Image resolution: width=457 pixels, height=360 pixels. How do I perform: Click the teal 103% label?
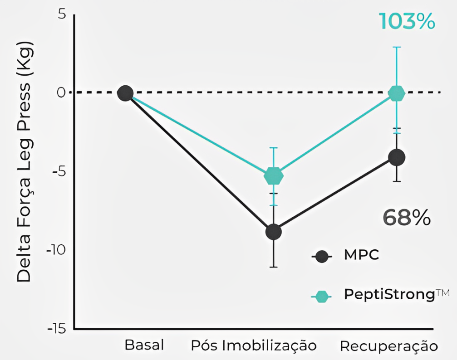407,21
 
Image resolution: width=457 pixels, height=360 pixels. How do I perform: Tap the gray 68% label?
407,218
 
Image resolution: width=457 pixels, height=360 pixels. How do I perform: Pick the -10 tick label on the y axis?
55,250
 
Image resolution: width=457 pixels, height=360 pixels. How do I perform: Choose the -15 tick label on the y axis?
55,328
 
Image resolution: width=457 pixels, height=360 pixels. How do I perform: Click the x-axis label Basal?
144,345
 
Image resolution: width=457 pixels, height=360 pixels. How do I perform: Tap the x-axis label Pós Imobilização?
253,345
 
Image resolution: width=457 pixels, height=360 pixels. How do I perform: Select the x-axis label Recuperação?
389,346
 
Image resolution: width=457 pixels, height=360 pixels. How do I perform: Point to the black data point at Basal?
125,93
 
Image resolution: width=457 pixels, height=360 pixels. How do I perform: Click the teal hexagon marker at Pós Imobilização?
273,175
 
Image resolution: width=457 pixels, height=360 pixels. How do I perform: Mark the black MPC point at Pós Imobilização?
273,232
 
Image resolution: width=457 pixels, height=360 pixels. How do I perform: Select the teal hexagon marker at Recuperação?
397,93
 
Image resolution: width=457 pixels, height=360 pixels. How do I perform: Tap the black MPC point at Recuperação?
397,157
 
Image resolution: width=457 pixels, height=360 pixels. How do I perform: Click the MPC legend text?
361,255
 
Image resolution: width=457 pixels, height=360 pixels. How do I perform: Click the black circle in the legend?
322,256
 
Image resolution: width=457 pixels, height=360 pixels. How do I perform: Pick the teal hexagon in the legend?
322,296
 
